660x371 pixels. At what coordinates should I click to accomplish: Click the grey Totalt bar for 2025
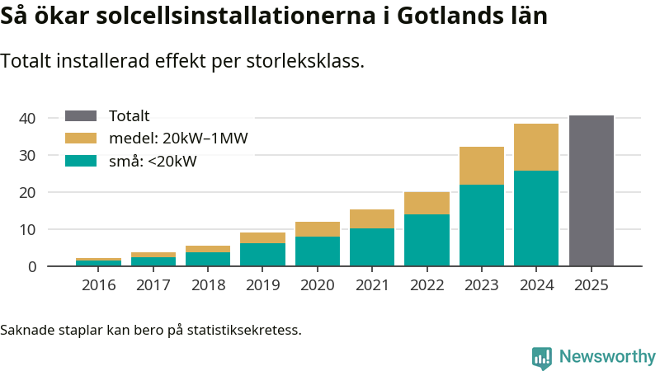click(x=592, y=190)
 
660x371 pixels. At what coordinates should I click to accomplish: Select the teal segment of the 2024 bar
click(x=536, y=218)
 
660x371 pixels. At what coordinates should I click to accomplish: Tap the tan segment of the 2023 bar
click(x=482, y=165)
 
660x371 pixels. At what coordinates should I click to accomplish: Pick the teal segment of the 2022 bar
click(x=427, y=240)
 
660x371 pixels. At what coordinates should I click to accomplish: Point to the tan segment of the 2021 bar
click(x=372, y=218)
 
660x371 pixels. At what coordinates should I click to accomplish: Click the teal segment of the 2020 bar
click(x=318, y=251)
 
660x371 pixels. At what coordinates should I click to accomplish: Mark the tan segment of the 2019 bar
click(x=262, y=237)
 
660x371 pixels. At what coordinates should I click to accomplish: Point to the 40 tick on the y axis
click(x=27, y=119)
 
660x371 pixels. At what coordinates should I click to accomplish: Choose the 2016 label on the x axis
click(x=98, y=285)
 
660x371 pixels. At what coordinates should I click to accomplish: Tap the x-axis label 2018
click(x=208, y=285)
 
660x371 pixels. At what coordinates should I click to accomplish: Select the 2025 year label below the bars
click(x=592, y=285)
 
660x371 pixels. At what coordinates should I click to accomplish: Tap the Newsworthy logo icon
click(x=542, y=357)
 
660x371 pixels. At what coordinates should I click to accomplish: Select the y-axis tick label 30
click(x=27, y=156)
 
